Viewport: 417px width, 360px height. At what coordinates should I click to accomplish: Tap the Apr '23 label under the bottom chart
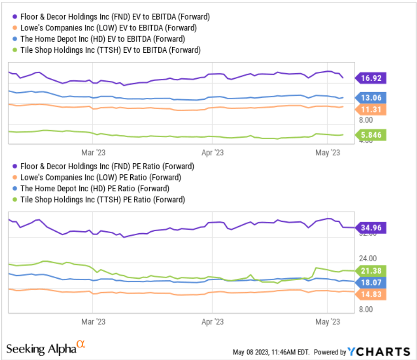tap(212, 322)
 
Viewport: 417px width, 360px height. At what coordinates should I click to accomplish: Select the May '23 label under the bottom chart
tap(328, 322)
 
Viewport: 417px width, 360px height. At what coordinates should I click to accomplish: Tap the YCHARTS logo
tap(378, 352)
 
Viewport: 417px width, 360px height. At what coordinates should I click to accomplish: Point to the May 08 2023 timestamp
tap(271, 352)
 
